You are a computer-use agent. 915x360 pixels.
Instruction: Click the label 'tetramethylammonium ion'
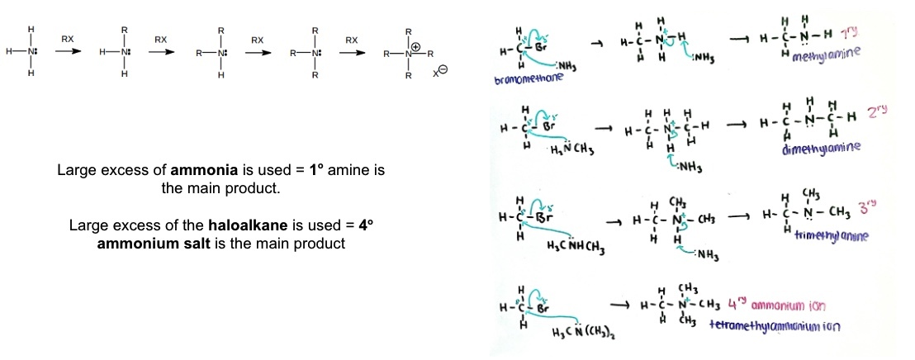(775, 326)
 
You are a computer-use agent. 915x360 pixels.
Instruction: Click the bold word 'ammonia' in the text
(200, 171)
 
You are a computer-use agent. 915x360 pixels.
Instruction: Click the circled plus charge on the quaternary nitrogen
(418, 47)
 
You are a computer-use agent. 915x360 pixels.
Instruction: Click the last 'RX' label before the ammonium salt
(352, 39)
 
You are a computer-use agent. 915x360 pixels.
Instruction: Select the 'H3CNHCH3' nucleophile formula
(581, 245)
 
